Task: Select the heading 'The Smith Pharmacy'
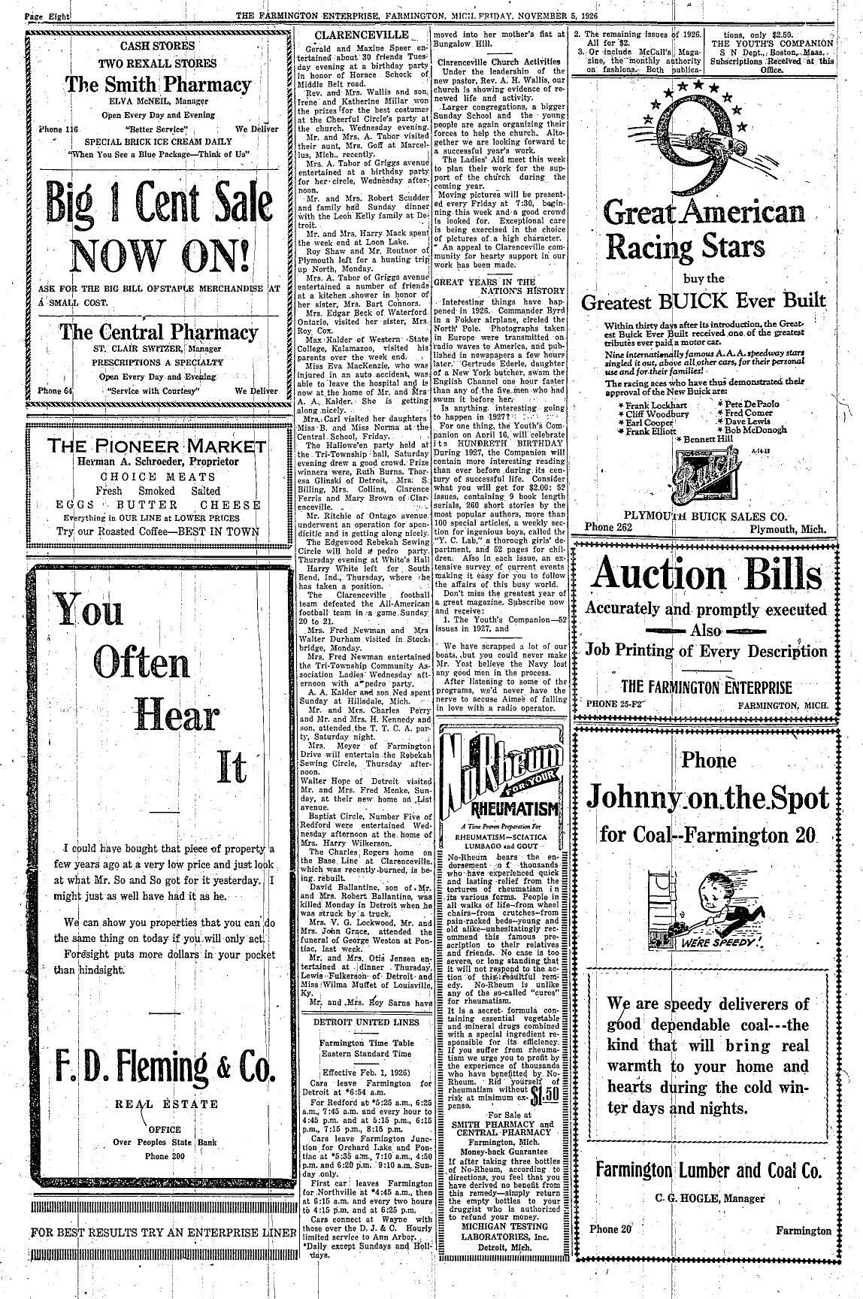point(158,84)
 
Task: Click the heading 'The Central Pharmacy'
point(159,332)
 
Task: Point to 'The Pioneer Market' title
point(157,445)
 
